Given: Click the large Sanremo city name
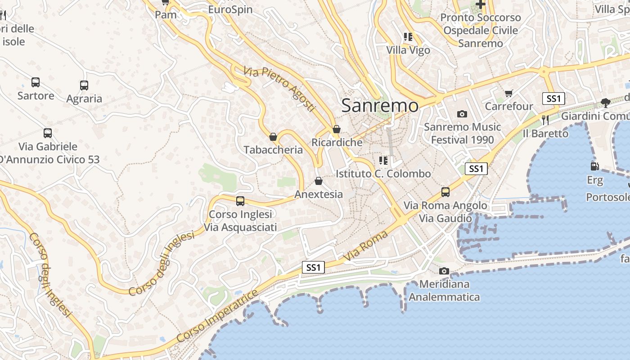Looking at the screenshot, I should click(380, 106).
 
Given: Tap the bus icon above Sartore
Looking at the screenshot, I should click(36, 82).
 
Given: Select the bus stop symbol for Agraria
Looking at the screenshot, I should click(84, 85).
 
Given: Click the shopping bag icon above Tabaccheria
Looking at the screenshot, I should click(273, 137).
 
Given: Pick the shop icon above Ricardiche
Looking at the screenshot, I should click(336, 130).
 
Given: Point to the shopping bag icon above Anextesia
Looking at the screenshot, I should click(319, 181).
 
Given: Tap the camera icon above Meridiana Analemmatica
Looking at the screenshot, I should click(444, 271).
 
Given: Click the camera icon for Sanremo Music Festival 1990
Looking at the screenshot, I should click(462, 114).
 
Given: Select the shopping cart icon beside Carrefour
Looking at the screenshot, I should click(509, 94).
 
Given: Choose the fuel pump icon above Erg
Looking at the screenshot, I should click(594, 166).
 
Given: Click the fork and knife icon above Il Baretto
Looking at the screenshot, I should click(545, 120).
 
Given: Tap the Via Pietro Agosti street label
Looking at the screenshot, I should click(279, 89).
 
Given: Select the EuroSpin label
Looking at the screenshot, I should click(230, 9).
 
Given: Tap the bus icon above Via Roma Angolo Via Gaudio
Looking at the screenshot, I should click(445, 192).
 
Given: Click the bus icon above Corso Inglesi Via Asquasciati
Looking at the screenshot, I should click(240, 201).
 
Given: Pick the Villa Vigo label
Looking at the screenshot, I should click(409, 50).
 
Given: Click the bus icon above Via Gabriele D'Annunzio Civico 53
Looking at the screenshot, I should click(48, 133).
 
